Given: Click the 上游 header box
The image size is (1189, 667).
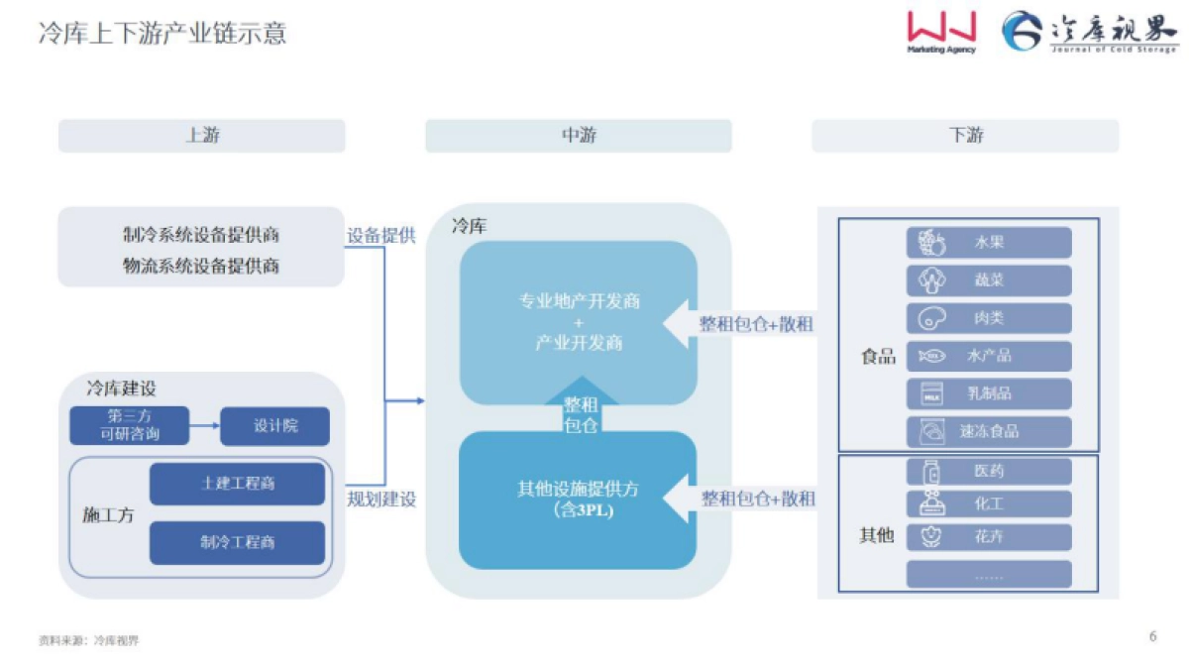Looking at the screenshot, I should point(201,136).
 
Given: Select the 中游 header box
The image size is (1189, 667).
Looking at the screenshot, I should point(578,136).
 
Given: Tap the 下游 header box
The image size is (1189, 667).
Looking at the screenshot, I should point(965,136).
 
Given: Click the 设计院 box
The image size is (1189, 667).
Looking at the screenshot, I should point(274,426).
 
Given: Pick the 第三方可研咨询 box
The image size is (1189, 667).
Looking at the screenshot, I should point(129,426).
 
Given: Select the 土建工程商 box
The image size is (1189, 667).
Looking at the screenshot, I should point(237,484).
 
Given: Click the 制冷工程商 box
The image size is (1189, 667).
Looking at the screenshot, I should point(237,543).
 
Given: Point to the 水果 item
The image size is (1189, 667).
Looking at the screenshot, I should point(988,243).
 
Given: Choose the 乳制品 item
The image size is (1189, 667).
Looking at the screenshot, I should point(988,394).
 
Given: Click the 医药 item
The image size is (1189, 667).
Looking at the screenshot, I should point(988,472).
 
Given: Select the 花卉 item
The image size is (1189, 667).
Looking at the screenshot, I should point(988,537).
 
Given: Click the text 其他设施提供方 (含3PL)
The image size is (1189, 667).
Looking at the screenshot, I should point(578,499).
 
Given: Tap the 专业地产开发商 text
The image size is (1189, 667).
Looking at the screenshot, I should point(579,301).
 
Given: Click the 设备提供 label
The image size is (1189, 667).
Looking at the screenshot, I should point(380,236).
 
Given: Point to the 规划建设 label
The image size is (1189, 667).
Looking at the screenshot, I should point(380,499).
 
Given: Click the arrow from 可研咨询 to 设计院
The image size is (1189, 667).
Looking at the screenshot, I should point(203,426).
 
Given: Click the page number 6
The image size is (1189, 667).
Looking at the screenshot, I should point(1152,636).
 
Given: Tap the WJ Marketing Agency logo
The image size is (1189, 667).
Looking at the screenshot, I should point(940,32).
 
